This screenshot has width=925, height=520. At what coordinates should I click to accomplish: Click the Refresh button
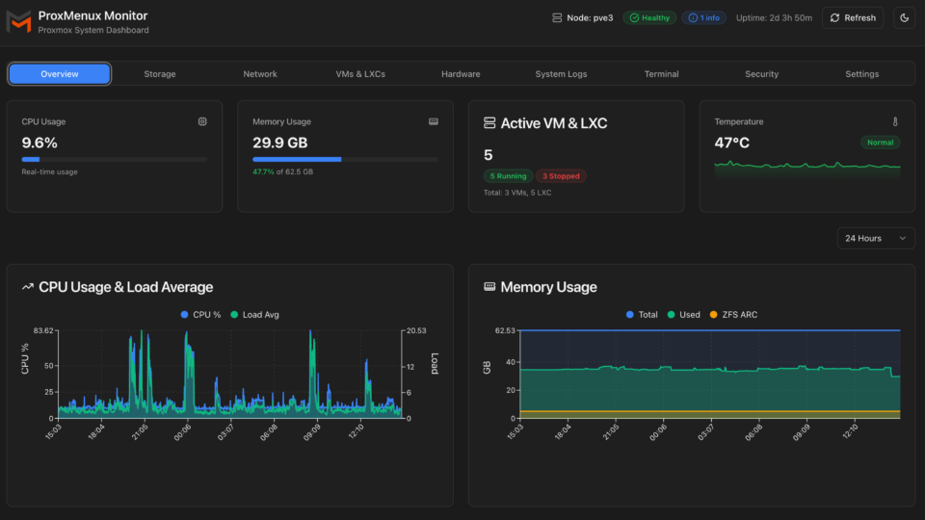pyautogui.click(x=852, y=17)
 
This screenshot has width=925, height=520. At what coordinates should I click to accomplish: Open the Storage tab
pyautogui.click(x=160, y=74)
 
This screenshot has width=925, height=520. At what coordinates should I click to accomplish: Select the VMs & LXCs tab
pyautogui.click(x=360, y=74)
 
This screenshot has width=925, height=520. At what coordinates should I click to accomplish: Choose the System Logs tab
pyautogui.click(x=561, y=74)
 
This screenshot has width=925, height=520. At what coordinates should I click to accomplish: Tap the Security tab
pyautogui.click(x=762, y=74)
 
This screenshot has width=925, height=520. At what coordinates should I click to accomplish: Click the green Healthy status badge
pyautogui.click(x=648, y=17)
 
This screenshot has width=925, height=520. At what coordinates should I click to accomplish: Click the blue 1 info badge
pyautogui.click(x=703, y=17)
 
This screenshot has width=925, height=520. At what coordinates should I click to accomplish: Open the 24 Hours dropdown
pyautogui.click(x=876, y=238)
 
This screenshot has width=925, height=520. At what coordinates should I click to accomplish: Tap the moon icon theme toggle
pyautogui.click(x=903, y=17)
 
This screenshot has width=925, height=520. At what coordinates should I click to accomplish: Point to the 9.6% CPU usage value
pyautogui.click(x=40, y=143)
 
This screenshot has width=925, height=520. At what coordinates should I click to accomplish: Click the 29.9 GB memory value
pyautogui.click(x=280, y=143)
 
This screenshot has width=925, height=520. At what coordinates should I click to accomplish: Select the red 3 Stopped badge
pyautogui.click(x=561, y=176)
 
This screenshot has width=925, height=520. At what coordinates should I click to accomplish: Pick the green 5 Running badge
pyautogui.click(x=508, y=176)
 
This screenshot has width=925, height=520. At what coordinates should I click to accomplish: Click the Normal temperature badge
pyautogui.click(x=880, y=143)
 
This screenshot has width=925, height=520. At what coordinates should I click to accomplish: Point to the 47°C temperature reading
pyautogui.click(x=732, y=143)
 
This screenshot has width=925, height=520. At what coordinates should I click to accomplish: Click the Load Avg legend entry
pyautogui.click(x=254, y=314)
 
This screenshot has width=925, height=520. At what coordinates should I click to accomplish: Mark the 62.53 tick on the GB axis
pyautogui.click(x=504, y=330)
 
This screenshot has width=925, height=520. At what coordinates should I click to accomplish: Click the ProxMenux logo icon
pyautogui.click(x=19, y=21)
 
